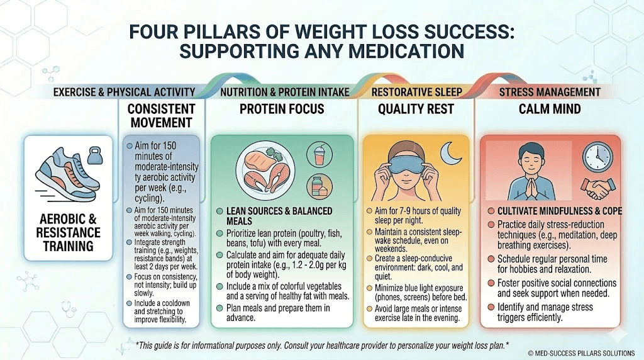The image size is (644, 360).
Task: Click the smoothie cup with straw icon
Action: (316, 154)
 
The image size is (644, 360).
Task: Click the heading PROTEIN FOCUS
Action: (282, 109)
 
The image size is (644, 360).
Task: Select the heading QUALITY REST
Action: (416, 109)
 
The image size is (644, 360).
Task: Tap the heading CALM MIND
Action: (549, 109)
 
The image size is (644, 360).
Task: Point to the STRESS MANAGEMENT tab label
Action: (550, 93)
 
